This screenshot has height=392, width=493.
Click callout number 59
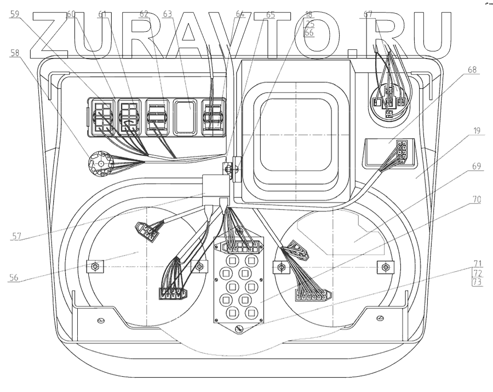pos(15,15)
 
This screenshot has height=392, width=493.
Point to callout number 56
pos(15,277)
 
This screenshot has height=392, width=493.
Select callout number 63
pos(167,15)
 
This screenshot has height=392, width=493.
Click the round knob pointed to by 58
pos(100,162)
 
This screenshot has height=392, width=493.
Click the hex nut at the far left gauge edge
pos(95,267)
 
